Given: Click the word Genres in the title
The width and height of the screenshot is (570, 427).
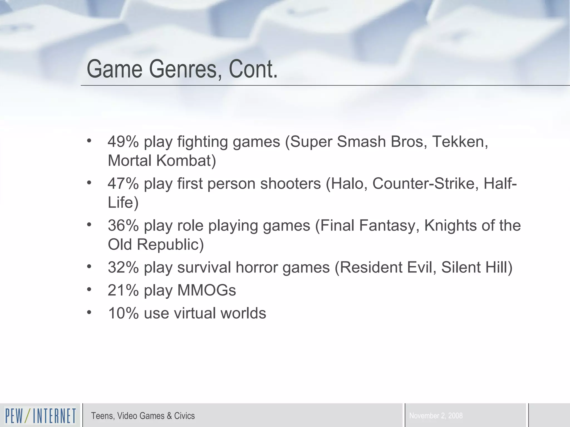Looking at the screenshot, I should tap(183, 69).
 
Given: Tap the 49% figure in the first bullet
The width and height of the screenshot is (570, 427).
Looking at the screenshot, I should tap(123, 142).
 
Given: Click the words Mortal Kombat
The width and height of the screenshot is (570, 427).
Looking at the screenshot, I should tap(161, 161).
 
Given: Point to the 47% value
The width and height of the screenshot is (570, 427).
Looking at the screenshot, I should tap(123, 184).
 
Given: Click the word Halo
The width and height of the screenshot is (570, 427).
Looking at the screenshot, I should tap(347, 184).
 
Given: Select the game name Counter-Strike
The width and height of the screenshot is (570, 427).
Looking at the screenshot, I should tap(423, 184).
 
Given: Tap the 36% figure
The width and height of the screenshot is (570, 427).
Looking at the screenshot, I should tap(123, 225).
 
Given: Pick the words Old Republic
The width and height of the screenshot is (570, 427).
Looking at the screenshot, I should tap(155, 245).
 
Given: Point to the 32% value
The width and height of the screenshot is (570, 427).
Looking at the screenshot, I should tap(123, 267).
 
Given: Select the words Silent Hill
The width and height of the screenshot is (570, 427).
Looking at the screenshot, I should tap(476, 267).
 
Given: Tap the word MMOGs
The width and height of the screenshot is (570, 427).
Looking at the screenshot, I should tap(207, 291).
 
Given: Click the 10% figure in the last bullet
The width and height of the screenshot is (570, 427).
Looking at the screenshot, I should tap(123, 313).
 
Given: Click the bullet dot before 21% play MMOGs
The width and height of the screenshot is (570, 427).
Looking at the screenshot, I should tap(89, 289).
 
